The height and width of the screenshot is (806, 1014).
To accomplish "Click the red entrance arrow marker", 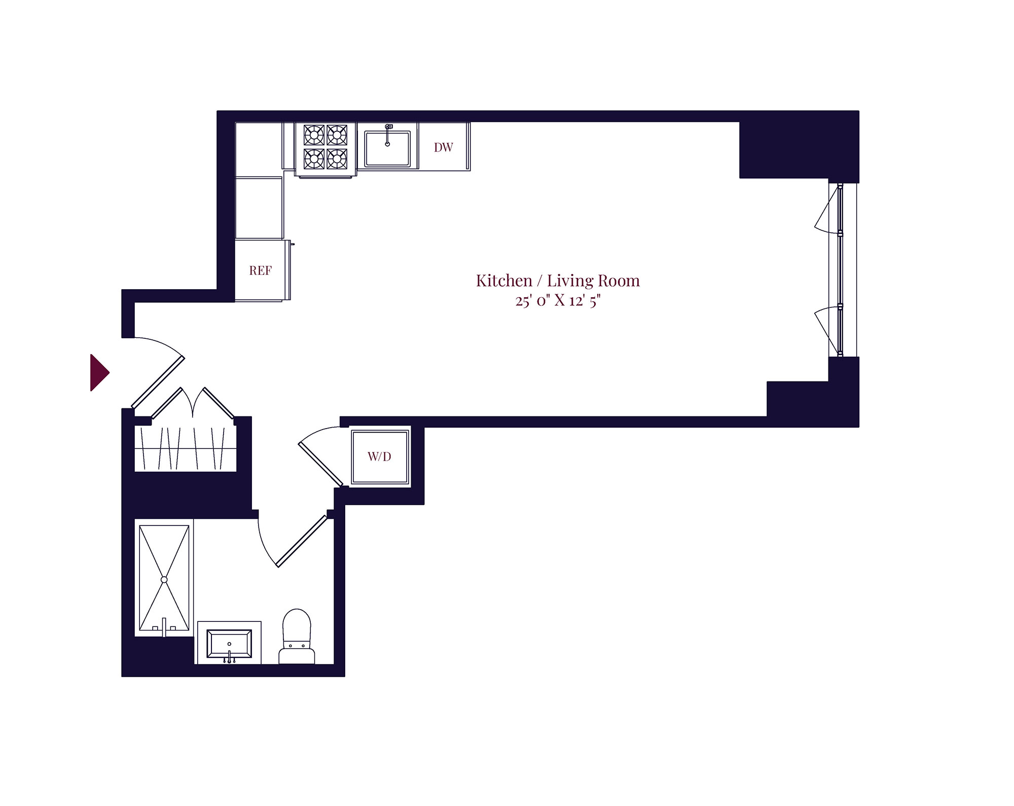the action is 99,372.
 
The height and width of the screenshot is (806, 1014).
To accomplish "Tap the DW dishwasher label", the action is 443,147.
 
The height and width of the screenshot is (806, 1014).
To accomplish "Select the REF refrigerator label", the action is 260,270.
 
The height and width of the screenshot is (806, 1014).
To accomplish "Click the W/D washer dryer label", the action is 379,457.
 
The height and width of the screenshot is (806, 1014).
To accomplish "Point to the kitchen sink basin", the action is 387,149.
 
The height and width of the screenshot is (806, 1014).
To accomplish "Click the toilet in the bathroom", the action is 297,637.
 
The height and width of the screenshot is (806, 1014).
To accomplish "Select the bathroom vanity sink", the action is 229,643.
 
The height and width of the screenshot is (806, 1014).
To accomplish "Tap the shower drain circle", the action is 164,579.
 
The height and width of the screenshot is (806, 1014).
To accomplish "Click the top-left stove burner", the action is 314,135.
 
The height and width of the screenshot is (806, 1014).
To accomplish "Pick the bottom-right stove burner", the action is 337,159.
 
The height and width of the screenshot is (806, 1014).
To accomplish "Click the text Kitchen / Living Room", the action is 558,281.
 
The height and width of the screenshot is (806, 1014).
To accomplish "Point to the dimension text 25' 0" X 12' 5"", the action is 558,301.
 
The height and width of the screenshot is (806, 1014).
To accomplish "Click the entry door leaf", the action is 158,382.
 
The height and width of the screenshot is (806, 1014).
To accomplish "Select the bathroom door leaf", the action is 302,541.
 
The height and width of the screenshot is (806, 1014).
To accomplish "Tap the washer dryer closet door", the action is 321,464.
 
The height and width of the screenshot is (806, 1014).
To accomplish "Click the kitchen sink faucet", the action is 388,134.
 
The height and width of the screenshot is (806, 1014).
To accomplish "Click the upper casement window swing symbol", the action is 826,209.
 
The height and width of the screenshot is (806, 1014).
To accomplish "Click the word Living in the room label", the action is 571,281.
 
